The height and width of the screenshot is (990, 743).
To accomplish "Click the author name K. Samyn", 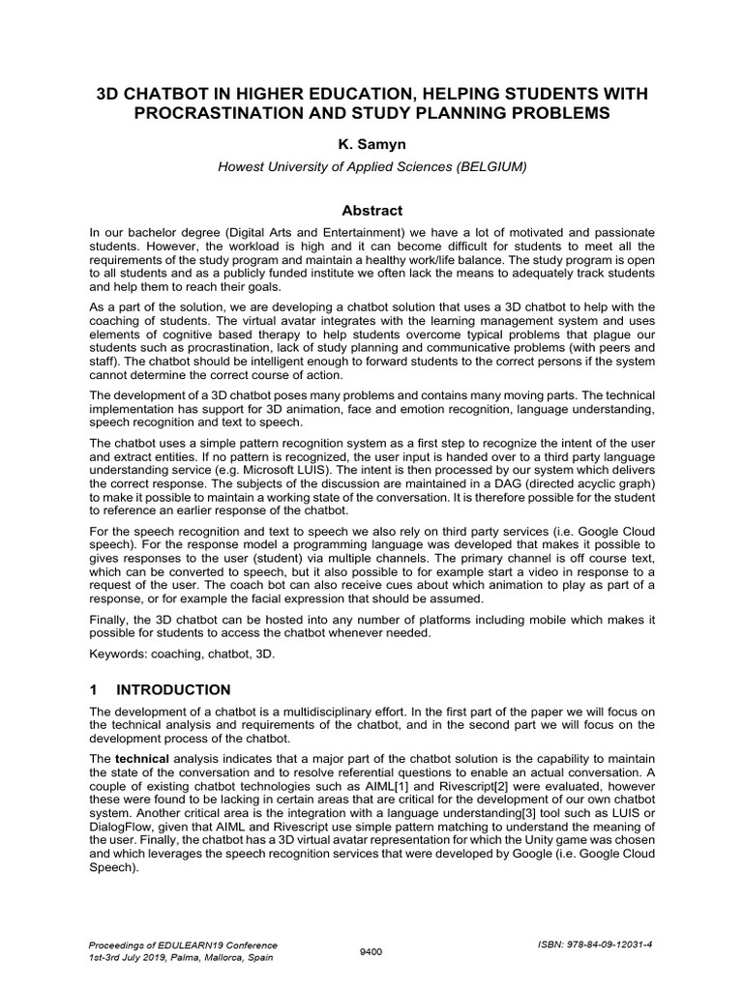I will coord(371,144).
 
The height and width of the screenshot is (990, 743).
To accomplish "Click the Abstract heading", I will coord(371,210).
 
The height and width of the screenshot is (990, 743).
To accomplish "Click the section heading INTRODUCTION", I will coord(173,689).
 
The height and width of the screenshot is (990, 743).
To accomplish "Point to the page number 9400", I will coord(371,951).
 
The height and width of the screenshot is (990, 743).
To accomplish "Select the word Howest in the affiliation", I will coord(239,166).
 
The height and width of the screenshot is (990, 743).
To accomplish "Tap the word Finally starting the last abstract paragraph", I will coord(109,619).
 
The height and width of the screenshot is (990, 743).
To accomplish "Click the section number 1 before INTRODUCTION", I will coord(94,689).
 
